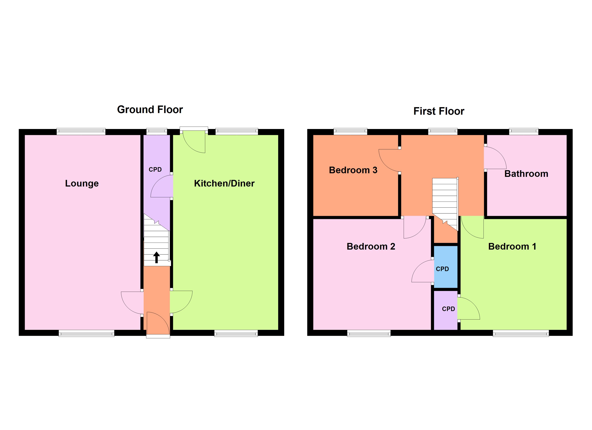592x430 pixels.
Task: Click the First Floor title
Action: (439, 111)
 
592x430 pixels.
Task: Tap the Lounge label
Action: (82, 183)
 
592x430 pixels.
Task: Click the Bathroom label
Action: (526, 174)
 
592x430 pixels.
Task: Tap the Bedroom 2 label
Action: (371, 246)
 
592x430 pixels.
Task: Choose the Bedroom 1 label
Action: (512, 246)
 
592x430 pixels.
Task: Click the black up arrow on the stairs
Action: (156, 257)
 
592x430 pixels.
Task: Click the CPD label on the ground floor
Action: (155, 169)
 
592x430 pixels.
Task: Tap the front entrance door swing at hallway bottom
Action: (157, 323)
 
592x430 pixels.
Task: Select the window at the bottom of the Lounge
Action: (86, 333)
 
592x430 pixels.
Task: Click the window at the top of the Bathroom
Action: (524, 132)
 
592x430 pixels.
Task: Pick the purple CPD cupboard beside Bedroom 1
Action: (446, 310)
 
